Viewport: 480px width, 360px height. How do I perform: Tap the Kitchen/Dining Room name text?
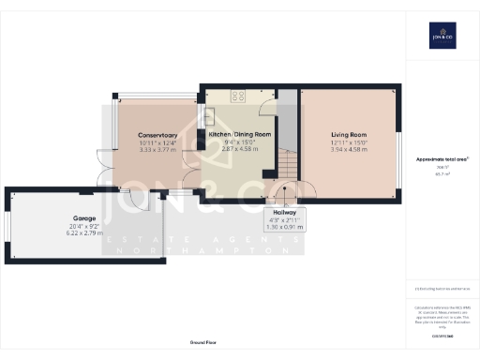(233, 135)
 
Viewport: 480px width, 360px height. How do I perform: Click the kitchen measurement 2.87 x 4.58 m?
(233, 149)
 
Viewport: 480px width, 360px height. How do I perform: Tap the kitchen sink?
(208, 116)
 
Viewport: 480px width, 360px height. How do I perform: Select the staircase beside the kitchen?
(286, 169)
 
